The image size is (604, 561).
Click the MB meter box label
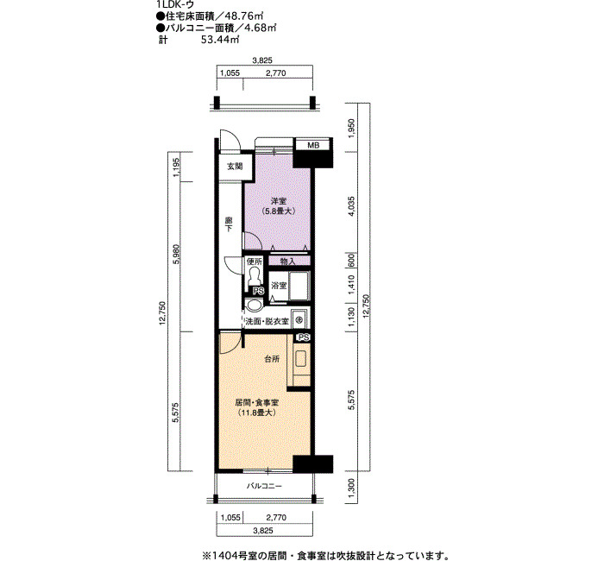click(x=313, y=145)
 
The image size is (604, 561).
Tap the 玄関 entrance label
click(x=235, y=167)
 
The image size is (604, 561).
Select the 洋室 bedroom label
click(x=278, y=201)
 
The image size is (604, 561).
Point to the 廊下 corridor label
click(x=229, y=224)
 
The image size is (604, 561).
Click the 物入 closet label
click(x=287, y=262)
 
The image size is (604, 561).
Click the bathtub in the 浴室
click(x=299, y=286)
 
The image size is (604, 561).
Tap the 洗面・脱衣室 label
click(x=267, y=321)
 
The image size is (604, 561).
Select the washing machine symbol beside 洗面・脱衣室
click(x=299, y=319)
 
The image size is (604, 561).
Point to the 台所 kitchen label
click(x=272, y=359)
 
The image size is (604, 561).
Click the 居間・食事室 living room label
click(x=257, y=403)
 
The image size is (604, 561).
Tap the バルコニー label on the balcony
click(x=264, y=486)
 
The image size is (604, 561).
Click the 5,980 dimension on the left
click(x=176, y=255)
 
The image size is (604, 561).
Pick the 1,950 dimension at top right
click(x=351, y=127)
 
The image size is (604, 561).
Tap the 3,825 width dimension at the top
click(x=262, y=60)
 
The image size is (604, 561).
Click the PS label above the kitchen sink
click(x=304, y=337)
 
